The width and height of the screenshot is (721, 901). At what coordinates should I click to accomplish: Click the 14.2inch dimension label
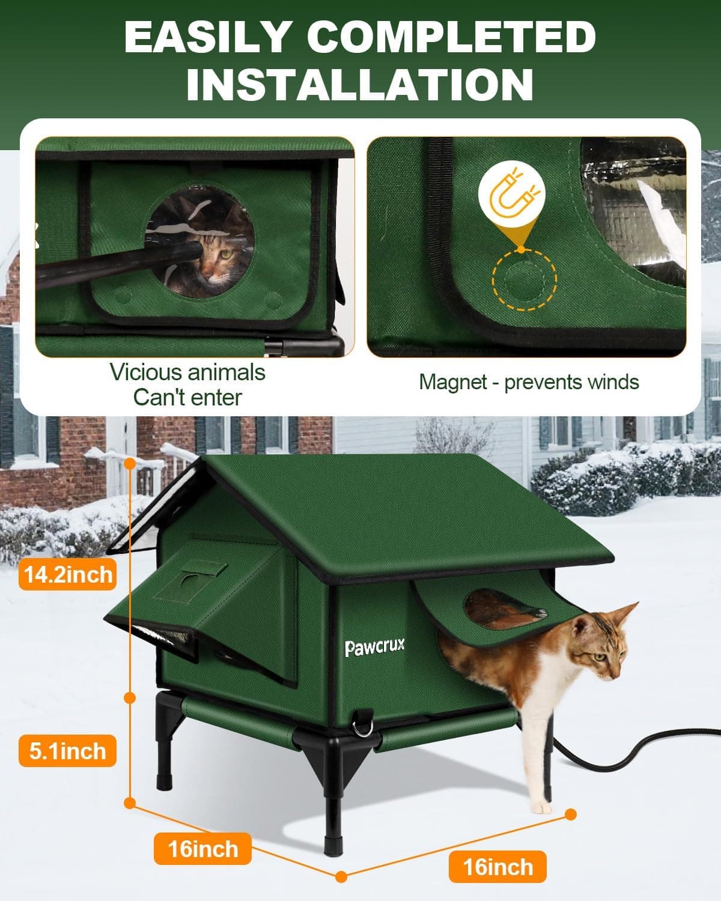[67, 575]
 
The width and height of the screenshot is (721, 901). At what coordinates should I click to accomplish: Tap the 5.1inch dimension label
[67, 751]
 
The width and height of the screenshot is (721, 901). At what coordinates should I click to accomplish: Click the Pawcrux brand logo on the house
[375, 647]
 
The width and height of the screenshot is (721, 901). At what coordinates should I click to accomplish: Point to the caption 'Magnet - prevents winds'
[529, 382]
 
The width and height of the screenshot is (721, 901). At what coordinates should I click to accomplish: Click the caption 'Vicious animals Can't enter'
[187, 384]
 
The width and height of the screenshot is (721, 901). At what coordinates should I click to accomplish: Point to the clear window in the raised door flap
[505, 608]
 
